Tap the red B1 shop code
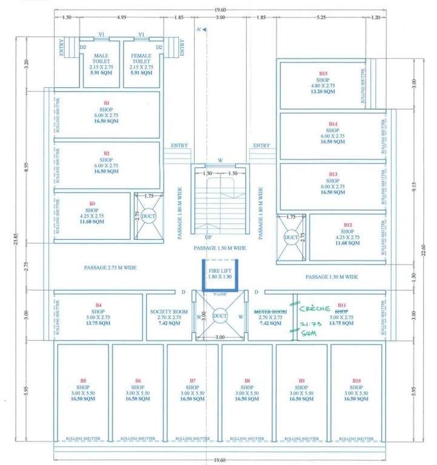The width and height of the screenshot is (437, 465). [x=107, y=104]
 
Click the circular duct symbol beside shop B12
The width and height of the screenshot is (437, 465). [x=291, y=239]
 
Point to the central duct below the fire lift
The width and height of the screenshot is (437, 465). [x=219, y=315]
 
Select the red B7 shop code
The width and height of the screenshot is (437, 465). [x=193, y=381]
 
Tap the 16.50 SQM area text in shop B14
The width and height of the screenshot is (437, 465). [x=332, y=141]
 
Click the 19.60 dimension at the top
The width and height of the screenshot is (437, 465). [x=217, y=9]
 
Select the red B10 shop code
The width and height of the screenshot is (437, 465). [x=356, y=381]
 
